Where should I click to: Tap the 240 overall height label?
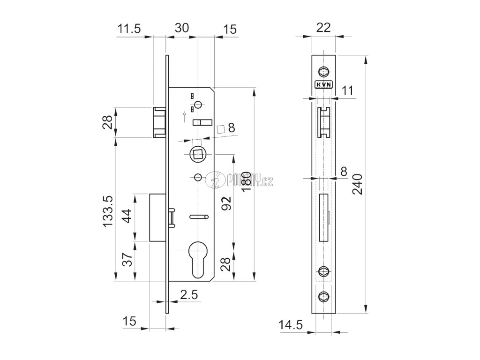358,185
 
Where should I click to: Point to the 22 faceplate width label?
324,28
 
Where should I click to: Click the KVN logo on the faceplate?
323,84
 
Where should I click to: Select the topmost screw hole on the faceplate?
323,71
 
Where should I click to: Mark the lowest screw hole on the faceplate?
323,296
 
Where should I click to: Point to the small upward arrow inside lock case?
184,113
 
